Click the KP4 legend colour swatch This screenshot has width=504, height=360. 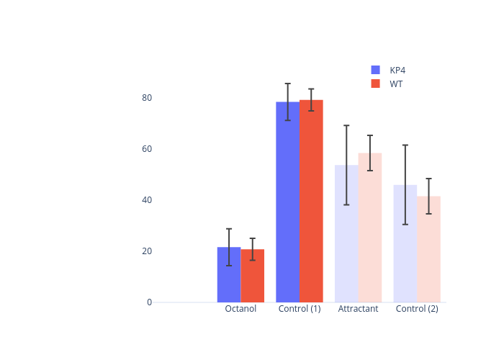(x=375, y=70)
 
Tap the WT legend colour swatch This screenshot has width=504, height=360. (x=375, y=84)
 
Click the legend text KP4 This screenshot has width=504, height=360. (x=398, y=70)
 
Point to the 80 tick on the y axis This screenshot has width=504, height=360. (x=147, y=98)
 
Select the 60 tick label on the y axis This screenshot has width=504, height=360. (x=147, y=149)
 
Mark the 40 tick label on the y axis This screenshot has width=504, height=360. (x=147, y=200)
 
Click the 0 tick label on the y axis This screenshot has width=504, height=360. (x=149, y=302)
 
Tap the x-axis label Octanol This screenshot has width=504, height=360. (x=240, y=309)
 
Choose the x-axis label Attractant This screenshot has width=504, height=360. (x=358, y=309)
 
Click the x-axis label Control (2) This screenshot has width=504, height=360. (x=417, y=309)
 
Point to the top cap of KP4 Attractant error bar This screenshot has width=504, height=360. (x=346, y=125)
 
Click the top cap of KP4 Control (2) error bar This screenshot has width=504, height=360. (x=405, y=145)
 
